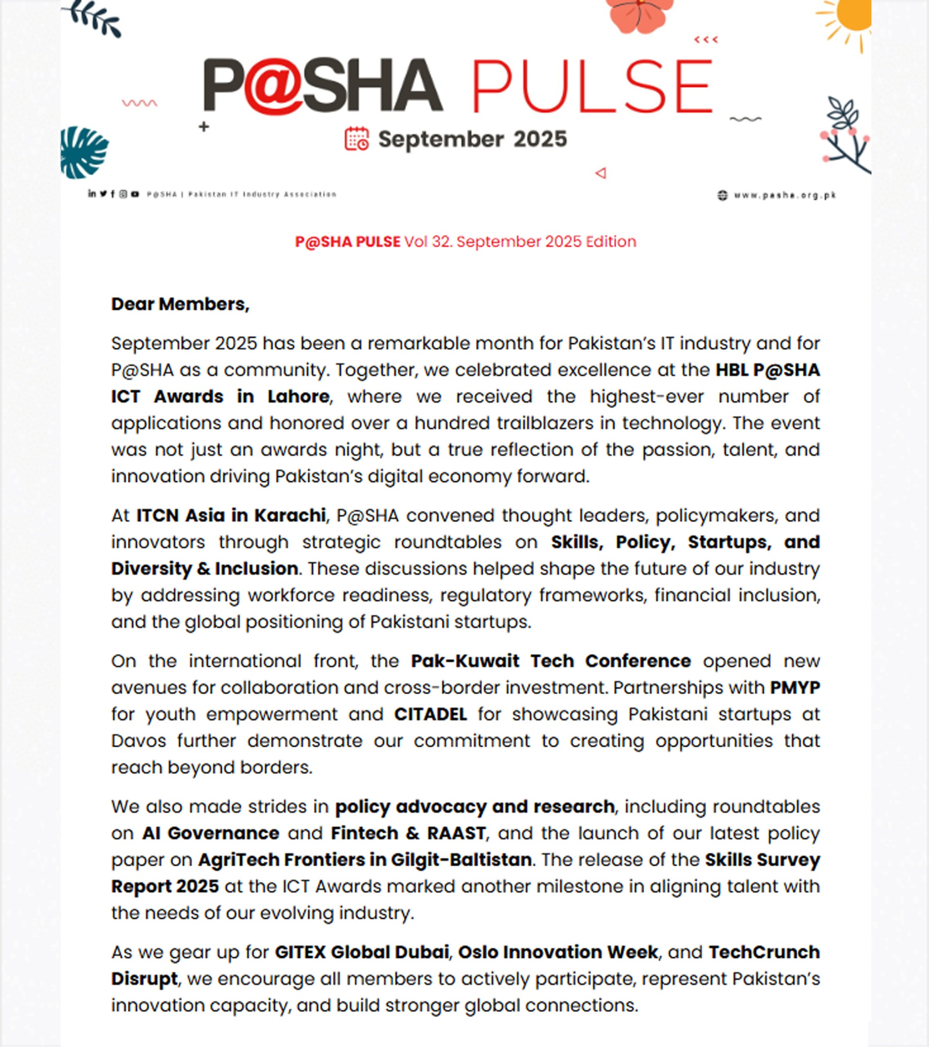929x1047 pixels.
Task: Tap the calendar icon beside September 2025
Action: coord(356,139)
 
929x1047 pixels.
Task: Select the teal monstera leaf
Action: coord(83,153)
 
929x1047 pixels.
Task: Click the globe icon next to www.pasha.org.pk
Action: coord(722,195)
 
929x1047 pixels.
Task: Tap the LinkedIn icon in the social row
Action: coord(91,193)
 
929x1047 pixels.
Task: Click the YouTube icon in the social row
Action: coord(135,194)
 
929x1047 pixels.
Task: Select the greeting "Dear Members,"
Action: coord(180,304)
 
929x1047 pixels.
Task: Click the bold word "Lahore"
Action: coord(298,396)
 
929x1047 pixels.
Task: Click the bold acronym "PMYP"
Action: coord(795,688)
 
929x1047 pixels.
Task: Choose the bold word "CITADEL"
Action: coord(430,714)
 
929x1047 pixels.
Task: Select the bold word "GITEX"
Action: coord(300,952)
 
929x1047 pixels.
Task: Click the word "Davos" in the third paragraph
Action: coord(138,741)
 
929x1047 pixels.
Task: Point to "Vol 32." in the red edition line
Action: coord(428,242)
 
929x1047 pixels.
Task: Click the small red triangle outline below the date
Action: coord(601,173)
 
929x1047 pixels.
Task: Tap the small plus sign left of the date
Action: coord(204,126)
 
